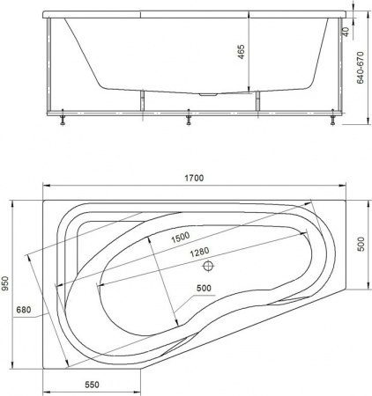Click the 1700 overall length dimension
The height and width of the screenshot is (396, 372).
194,178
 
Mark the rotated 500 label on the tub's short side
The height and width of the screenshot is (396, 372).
360,244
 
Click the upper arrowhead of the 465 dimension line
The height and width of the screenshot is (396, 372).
249,19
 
